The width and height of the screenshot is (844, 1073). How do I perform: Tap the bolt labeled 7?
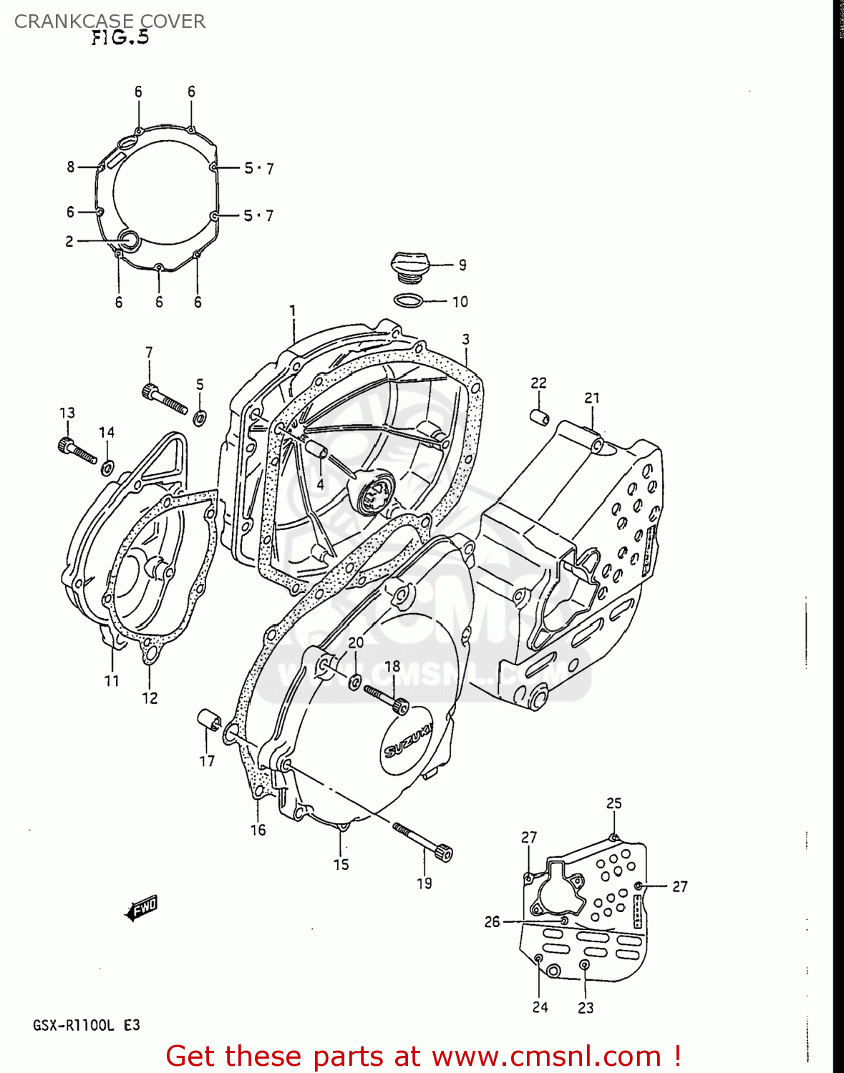[165, 398]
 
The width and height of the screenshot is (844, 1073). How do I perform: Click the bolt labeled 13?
[77, 451]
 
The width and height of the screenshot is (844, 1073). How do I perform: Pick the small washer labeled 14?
[107, 468]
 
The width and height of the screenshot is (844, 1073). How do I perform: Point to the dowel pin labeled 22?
[539, 416]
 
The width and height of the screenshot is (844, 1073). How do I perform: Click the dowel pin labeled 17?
[208, 720]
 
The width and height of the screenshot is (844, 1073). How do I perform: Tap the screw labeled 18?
[387, 698]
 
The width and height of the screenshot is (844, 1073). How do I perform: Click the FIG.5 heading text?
[120, 37]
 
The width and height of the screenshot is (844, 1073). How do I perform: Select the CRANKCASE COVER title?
[110, 21]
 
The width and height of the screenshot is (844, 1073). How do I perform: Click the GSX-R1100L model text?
[73, 1025]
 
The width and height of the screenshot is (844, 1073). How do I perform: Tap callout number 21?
[591, 398]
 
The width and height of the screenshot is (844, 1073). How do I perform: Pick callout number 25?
[614, 803]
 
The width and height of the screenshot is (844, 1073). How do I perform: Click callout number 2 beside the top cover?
[69, 242]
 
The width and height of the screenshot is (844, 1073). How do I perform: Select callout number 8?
[70, 167]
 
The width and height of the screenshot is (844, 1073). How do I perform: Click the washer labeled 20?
[355, 682]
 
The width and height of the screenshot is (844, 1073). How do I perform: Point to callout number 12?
[150, 697]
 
